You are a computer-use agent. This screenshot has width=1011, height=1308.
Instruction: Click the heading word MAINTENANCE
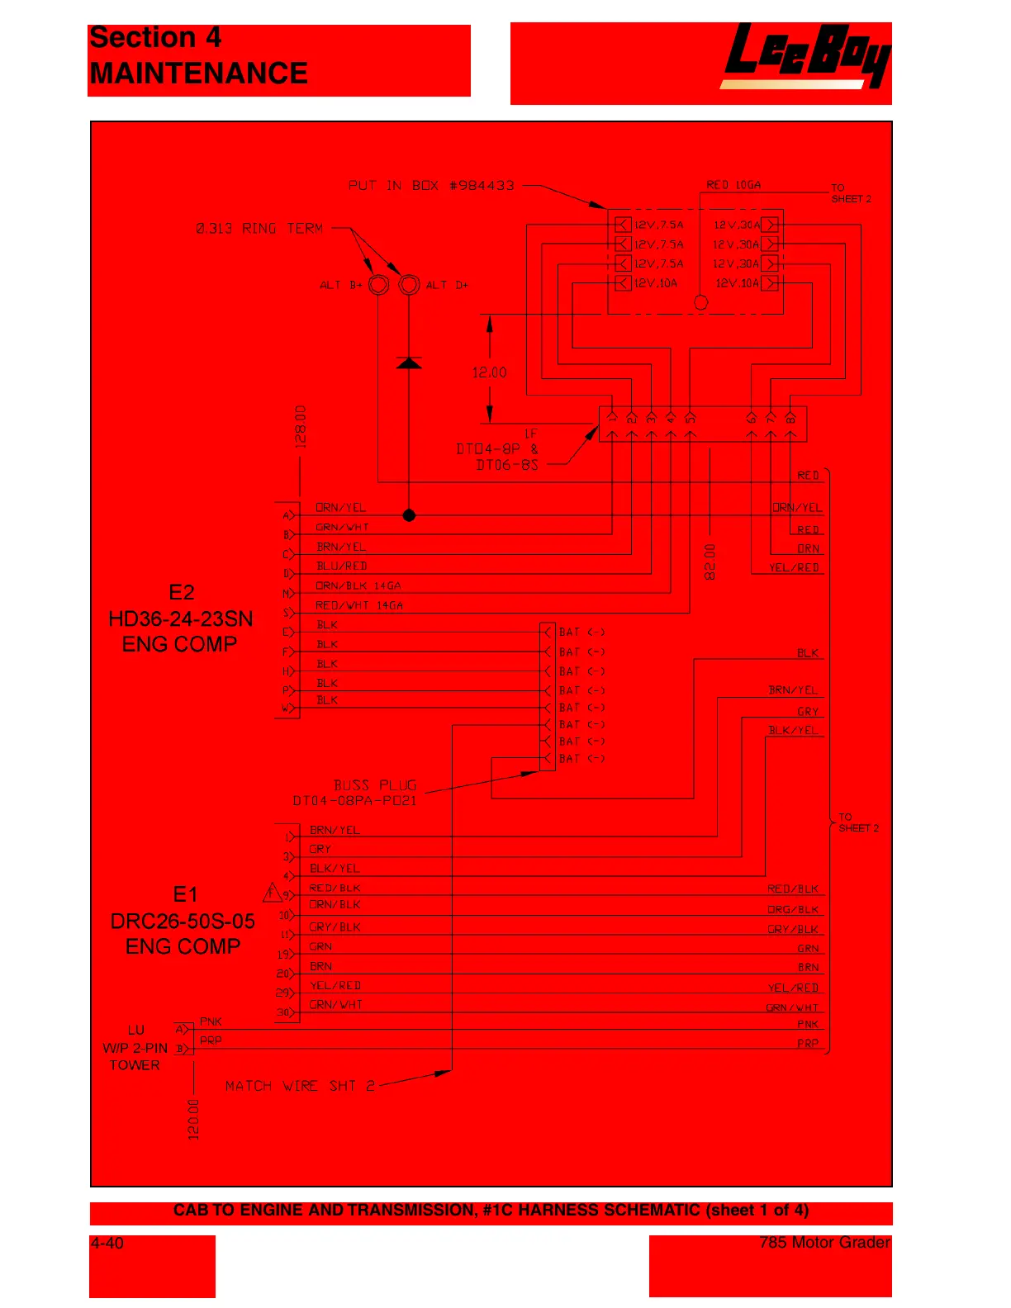[x=198, y=73]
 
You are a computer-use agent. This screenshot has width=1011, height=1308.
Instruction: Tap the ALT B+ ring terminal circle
[x=378, y=285]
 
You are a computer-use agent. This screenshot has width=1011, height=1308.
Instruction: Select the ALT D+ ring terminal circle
[x=409, y=285]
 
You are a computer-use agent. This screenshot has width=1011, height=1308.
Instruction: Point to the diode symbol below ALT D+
[x=409, y=363]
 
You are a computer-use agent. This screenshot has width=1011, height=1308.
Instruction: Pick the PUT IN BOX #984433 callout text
[x=430, y=185]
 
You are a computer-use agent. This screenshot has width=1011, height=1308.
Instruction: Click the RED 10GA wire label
[x=733, y=185]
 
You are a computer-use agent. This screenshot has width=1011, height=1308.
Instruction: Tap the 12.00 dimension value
[x=489, y=372]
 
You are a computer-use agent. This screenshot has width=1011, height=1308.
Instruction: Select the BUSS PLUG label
[x=375, y=784]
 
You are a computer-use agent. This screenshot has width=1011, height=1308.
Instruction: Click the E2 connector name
[x=182, y=592]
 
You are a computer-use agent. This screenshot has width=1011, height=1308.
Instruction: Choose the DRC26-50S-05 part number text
[x=183, y=921]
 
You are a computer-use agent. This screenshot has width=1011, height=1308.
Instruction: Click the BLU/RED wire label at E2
[x=341, y=566]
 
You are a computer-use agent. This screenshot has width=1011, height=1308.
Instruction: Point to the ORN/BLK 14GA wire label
[x=358, y=586]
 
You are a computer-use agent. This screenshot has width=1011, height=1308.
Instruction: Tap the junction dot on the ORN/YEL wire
[x=409, y=515]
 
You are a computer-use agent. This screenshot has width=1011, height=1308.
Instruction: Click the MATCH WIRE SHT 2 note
[x=300, y=1086]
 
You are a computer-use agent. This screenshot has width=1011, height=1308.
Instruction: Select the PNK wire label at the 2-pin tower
[x=211, y=1021]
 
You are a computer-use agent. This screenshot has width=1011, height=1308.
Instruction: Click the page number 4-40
[x=107, y=1243]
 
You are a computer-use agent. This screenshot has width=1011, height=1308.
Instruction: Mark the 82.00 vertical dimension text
[x=710, y=562]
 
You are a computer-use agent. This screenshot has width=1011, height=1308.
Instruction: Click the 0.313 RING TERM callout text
[x=259, y=228]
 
